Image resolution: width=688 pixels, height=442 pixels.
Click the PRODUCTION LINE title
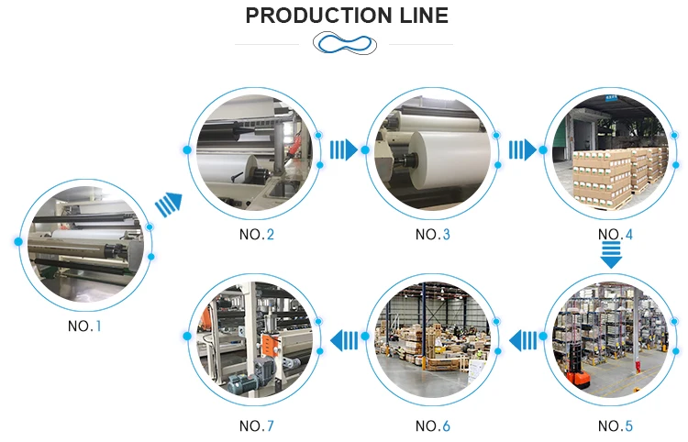tap(347, 16)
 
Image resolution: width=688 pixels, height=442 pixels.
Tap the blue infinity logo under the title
tap(344, 43)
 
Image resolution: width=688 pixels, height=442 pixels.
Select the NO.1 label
tap(85, 326)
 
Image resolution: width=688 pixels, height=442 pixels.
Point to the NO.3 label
tap(433, 235)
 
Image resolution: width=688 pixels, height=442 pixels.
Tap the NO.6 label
tap(433, 425)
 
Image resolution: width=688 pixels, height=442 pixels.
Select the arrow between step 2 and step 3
tap(342, 149)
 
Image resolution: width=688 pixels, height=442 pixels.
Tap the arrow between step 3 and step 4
tap(522, 149)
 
